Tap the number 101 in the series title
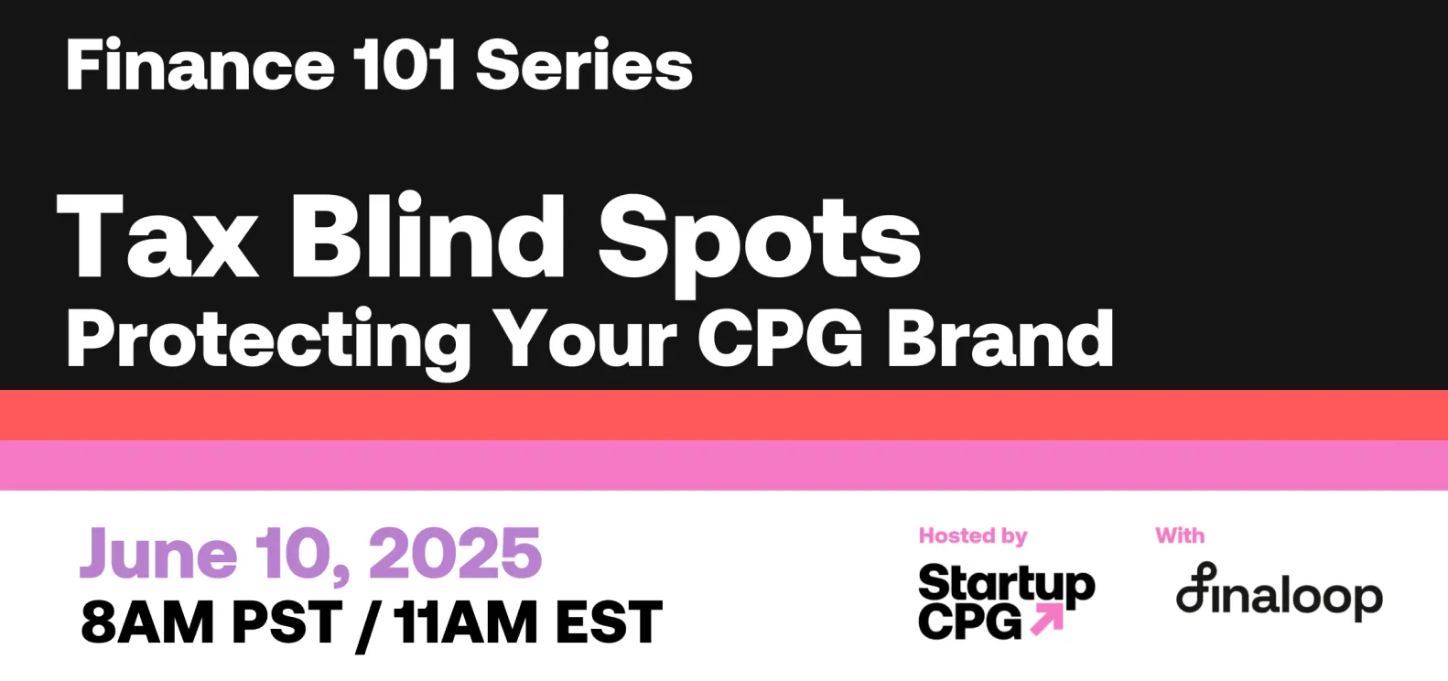tap(404, 66)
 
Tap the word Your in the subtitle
tap(586, 339)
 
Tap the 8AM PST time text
tap(211, 623)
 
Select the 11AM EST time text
tap(527, 623)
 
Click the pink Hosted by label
tap(972, 536)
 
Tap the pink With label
tap(1180, 535)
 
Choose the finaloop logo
tap(1279, 595)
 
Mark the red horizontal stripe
tap(724, 415)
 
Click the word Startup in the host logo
tap(1006, 584)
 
